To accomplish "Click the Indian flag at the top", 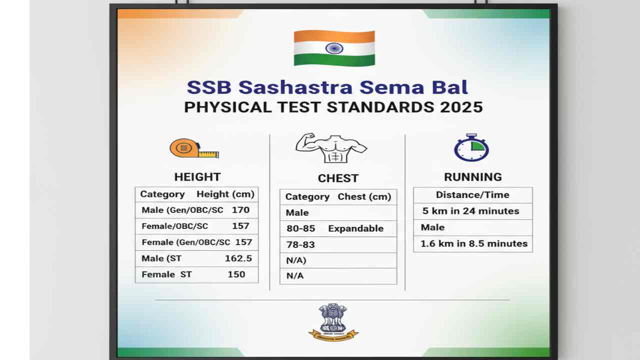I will click(334, 48).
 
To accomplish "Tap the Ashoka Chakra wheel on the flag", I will click(334, 48).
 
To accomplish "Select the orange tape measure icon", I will click(193, 148).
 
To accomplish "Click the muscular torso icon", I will click(331, 148).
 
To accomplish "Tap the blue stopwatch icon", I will click(471, 147).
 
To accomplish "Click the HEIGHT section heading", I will click(197, 177).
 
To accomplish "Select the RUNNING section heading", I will click(472, 177).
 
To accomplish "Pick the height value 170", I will click(240, 210).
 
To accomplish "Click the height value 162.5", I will click(238, 258).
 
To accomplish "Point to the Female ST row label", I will click(166, 274).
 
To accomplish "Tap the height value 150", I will click(236, 274).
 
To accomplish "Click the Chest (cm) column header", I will click(364, 196).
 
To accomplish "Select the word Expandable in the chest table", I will click(355, 228).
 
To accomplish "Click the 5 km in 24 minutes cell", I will click(470, 211).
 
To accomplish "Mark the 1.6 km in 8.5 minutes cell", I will click(473, 243).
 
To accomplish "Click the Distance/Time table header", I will click(472, 195).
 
